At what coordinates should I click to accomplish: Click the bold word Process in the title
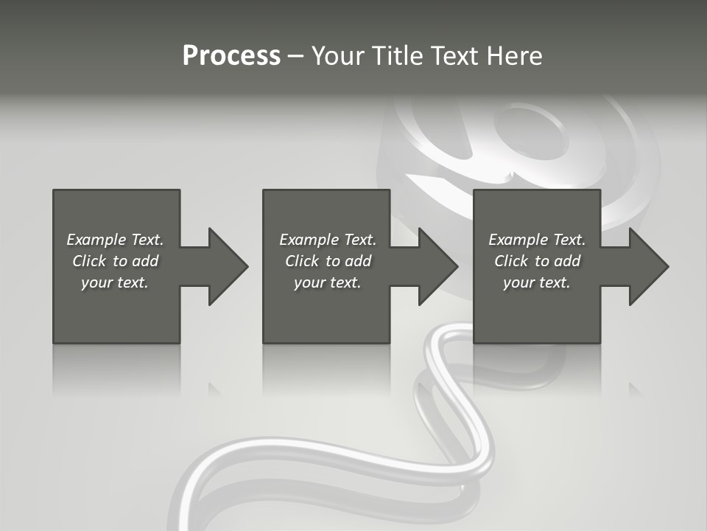point(231,56)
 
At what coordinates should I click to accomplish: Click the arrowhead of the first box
point(228,266)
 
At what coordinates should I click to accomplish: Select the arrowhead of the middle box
point(437,266)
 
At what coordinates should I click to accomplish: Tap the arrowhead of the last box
point(648,266)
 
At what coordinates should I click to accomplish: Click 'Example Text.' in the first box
point(115,240)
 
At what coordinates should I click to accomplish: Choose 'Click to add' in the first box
point(115,261)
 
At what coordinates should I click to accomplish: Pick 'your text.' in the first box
point(115,282)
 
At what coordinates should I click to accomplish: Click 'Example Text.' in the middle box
point(327,240)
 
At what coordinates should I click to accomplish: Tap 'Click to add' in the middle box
point(327,261)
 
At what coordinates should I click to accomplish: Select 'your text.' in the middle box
point(327,282)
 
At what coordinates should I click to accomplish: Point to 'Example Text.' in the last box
point(537,240)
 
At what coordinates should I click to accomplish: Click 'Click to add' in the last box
point(537,261)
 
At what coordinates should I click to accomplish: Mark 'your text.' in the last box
point(537,282)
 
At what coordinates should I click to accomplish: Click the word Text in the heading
point(451,56)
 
